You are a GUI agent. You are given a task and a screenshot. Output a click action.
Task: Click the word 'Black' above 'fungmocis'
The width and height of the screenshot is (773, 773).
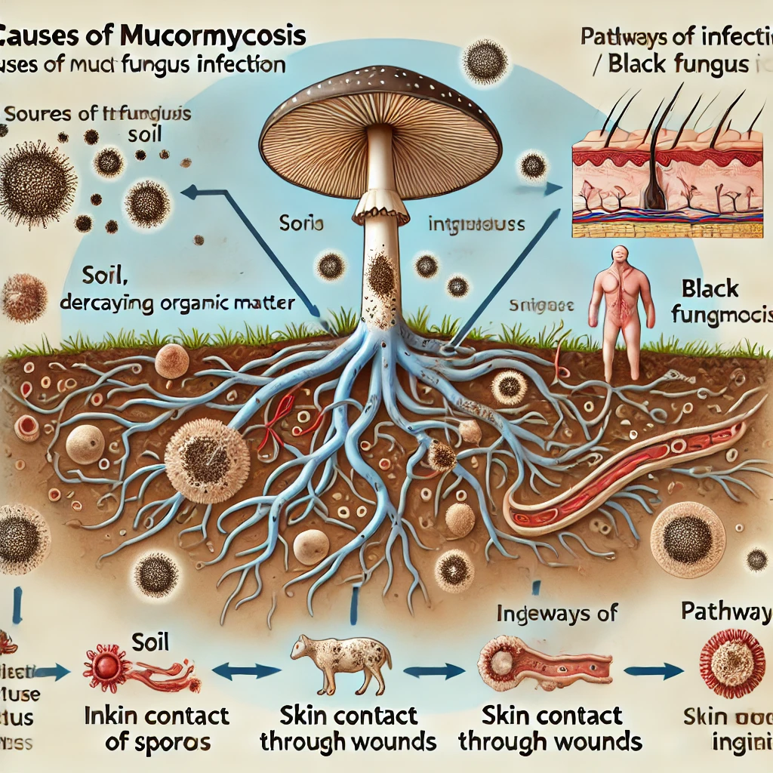pos(710,288)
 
